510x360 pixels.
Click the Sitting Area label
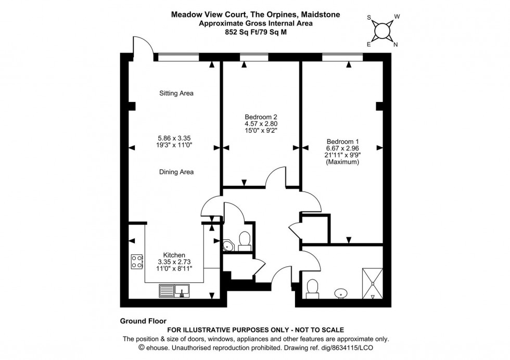point(176,94)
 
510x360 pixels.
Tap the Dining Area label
point(176,172)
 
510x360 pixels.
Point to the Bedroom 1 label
point(342,141)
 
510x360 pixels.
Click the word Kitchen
point(174,255)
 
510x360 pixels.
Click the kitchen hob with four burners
point(137,261)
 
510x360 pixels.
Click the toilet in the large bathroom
point(313,288)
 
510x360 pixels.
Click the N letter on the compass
point(396,45)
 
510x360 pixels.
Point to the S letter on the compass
point(369,17)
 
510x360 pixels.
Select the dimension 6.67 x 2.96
point(342,148)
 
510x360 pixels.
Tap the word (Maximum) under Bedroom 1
point(342,162)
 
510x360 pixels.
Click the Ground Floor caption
point(143,322)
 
